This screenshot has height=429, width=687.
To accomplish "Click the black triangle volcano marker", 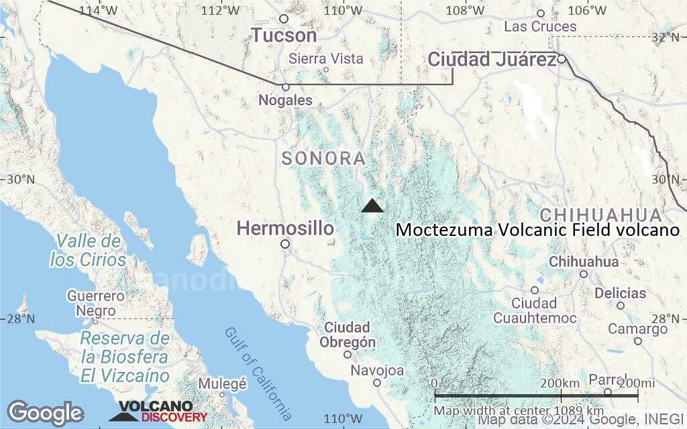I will (x=372, y=206).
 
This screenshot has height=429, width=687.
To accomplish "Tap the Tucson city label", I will (x=284, y=35).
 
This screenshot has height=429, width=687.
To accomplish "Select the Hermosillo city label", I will (x=285, y=229).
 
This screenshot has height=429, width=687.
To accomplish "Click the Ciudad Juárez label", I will (x=492, y=60).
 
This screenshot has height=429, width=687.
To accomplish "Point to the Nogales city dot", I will (x=285, y=86).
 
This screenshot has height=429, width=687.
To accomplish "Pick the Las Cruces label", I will (x=540, y=27).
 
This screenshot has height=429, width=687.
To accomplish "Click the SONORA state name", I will (x=323, y=159).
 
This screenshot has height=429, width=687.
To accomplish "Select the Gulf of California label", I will (x=258, y=373).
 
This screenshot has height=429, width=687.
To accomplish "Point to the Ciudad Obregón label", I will (x=346, y=334).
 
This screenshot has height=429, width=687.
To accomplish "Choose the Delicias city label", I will (x=620, y=294).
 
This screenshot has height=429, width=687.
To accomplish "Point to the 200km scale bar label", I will (x=560, y=383).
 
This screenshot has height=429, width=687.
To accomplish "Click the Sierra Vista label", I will (x=326, y=59).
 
